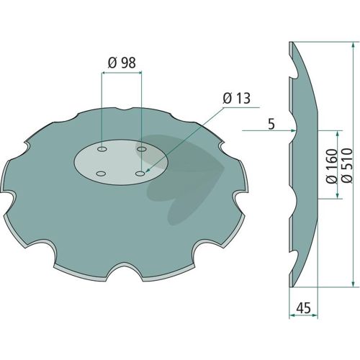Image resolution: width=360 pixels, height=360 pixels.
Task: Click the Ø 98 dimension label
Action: click(x=122, y=63)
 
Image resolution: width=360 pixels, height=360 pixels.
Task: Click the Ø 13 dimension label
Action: click(x=236, y=98)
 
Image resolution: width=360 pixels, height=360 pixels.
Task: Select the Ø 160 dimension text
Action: click(x=332, y=166)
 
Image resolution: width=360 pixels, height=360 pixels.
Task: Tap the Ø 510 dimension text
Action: click(x=347, y=166)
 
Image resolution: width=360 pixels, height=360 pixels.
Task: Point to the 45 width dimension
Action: click(x=303, y=307)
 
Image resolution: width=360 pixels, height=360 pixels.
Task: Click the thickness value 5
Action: click(x=271, y=125)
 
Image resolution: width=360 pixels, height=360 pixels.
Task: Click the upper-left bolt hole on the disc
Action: click(x=102, y=149)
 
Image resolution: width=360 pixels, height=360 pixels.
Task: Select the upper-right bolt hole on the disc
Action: click(x=142, y=149)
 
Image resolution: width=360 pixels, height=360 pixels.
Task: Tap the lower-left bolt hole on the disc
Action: click(x=101, y=174)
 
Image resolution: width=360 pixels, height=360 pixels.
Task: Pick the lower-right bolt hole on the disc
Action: click(x=140, y=173)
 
